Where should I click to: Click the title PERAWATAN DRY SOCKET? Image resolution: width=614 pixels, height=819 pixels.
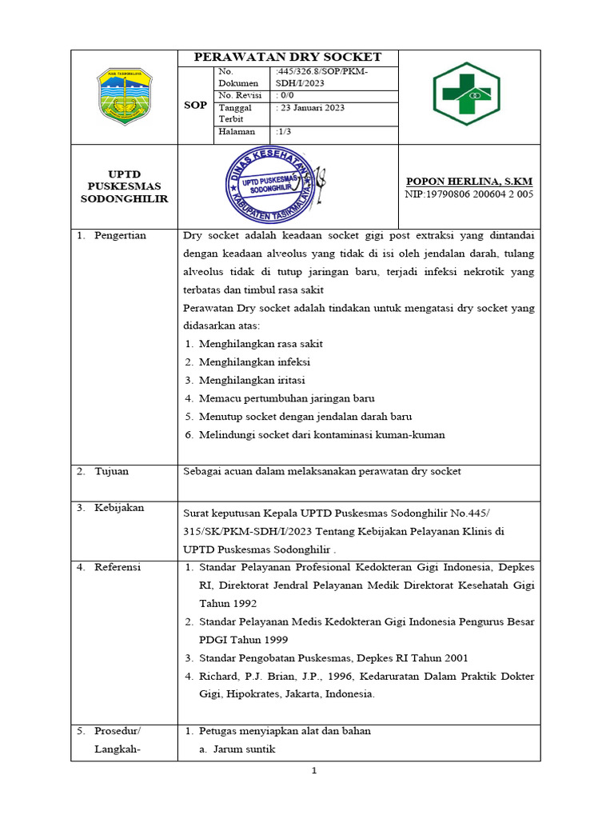pos(289,58)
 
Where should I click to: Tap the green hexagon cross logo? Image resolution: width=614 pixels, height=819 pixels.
pos(466,94)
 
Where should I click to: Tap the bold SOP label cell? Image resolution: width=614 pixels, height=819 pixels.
pos(196,105)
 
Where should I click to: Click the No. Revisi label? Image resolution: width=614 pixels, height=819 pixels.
pos(240,95)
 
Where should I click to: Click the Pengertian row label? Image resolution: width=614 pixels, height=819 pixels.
pos(119,236)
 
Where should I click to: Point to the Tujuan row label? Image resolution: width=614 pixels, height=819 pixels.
pos(111,471)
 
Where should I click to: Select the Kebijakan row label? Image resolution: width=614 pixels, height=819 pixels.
pos(118,508)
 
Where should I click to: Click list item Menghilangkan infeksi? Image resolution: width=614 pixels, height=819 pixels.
pos(249,362)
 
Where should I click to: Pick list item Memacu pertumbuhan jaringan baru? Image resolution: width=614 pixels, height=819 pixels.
pos(286,398)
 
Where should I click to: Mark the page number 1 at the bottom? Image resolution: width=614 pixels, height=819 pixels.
pos(314,771)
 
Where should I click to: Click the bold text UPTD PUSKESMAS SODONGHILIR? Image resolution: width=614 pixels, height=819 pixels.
pos(124,186)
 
